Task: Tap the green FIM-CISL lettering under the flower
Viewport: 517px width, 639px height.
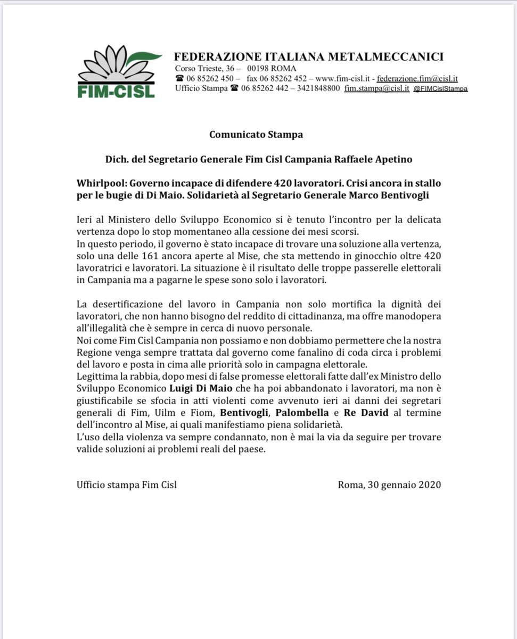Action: pos(116,91)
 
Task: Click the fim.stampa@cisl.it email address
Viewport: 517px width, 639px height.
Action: pos(376,88)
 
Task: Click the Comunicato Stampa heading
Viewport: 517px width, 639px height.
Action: pos(256,134)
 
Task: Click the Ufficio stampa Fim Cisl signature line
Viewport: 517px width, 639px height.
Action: pos(126,485)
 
